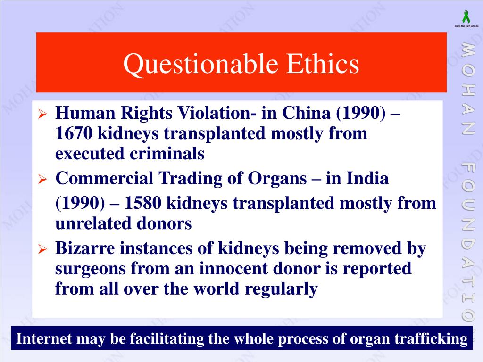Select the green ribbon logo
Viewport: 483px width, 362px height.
466,17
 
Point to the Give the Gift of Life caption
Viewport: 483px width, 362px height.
466,26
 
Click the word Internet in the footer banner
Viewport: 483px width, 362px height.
45,338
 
